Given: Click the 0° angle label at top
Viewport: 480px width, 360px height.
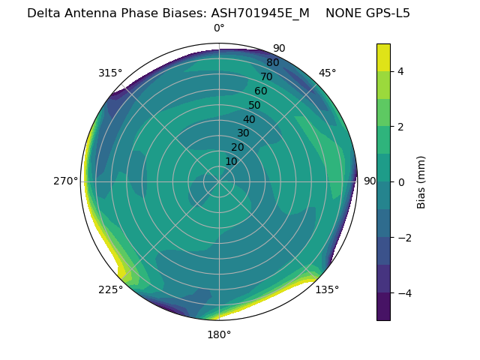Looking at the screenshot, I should pyautogui.click(x=219, y=28).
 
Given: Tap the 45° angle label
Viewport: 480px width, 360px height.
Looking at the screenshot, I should pyautogui.click(x=328, y=73).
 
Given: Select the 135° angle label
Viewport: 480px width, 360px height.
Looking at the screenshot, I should pyautogui.click(x=327, y=289).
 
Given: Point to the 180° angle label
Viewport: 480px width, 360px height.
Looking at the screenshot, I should pyautogui.click(x=219, y=334).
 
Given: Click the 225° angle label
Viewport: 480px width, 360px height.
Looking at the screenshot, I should pyautogui.click(x=110, y=289).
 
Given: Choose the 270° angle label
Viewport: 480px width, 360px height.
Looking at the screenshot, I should pyautogui.click(x=66, y=181).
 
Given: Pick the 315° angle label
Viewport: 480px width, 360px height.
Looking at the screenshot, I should pyautogui.click(x=110, y=73).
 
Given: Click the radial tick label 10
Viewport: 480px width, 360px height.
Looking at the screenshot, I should pyautogui.click(x=231, y=161).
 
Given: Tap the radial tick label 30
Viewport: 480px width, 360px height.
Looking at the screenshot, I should pyautogui.click(x=243, y=133).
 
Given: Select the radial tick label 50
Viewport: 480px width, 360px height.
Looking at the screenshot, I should pyautogui.click(x=255, y=106).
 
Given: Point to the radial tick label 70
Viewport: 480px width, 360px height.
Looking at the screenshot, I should pyautogui.click(x=266, y=77).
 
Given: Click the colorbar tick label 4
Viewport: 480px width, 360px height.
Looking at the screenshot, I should pyautogui.click(x=400, y=71).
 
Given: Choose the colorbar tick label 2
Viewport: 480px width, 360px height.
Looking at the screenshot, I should pyautogui.click(x=400, y=127).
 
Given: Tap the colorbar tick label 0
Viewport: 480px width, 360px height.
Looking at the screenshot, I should pyautogui.click(x=400, y=182).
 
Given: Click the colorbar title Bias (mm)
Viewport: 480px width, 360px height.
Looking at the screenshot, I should pyautogui.click(x=421, y=182).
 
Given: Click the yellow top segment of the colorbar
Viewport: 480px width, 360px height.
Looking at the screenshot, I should pyautogui.click(x=383, y=57).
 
